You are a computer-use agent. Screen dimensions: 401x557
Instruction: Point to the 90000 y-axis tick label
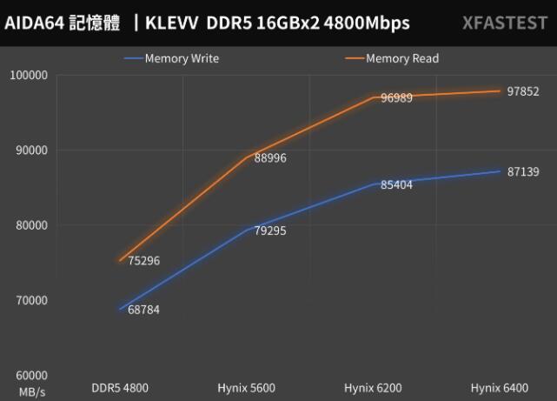click(30, 150)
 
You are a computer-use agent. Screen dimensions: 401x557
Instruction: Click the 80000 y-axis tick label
click(30, 224)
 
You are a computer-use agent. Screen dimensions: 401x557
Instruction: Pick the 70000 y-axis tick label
click(30, 299)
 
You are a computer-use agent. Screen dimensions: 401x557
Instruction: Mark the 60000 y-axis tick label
click(30, 374)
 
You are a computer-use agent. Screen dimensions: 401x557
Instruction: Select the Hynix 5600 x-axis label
click(249, 387)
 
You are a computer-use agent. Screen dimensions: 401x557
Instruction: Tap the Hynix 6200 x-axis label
click(375, 387)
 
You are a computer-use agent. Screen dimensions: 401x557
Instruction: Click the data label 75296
click(143, 260)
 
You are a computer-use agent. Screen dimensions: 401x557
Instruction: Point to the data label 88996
click(270, 157)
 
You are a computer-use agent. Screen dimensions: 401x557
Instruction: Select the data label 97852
click(523, 91)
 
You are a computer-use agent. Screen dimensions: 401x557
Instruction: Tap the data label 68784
click(143, 309)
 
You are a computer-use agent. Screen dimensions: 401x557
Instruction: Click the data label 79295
click(270, 231)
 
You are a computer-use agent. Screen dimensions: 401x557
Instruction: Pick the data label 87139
click(523, 172)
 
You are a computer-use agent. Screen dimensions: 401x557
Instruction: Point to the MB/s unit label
click(30, 393)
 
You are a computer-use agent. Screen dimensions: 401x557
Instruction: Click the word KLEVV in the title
click(172, 23)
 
